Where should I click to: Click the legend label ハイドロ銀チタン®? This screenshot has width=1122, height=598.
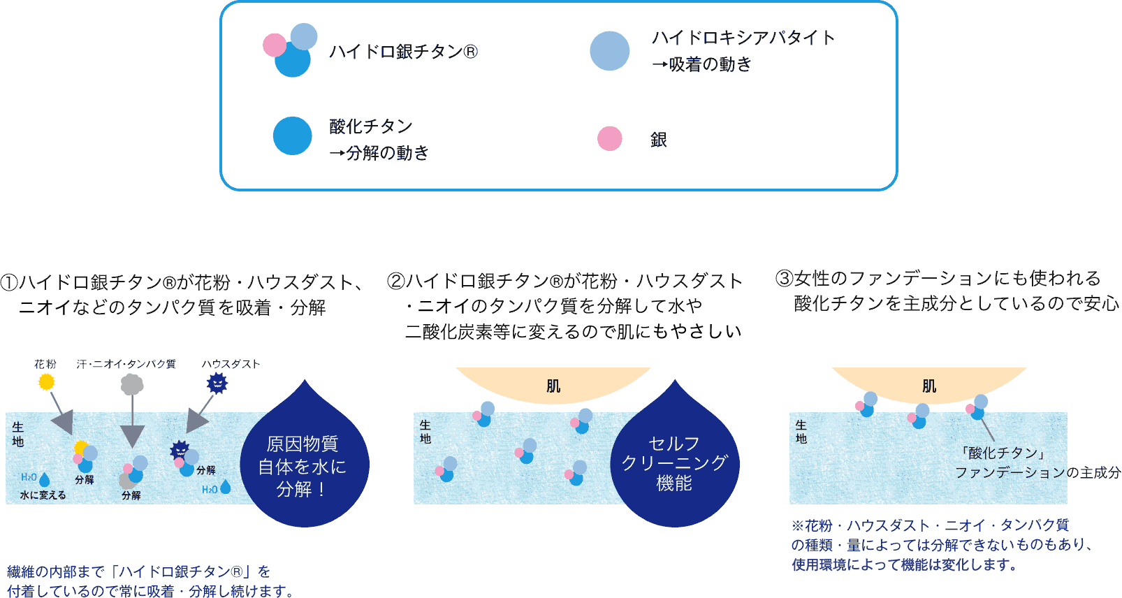click(403, 52)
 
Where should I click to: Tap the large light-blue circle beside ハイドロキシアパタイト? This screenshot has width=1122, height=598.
click(609, 51)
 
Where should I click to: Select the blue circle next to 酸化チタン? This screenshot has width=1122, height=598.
click(292, 136)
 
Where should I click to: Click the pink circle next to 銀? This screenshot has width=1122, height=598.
click(609, 138)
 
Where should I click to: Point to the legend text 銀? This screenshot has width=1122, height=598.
click(658, 140)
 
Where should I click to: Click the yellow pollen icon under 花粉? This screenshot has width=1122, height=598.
click(46, 381)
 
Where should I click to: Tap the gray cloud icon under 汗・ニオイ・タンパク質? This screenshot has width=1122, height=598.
click(132, 384)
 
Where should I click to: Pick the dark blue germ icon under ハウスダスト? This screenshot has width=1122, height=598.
click(217, 383)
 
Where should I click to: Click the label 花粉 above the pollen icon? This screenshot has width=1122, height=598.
click(45, 364)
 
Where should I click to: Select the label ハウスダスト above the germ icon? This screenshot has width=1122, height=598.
click(231, 364)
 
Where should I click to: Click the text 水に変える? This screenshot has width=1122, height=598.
click(43, 495)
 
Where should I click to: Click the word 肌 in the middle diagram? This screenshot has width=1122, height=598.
click(553, 386)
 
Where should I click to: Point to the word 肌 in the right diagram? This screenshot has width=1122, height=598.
click(929, 386)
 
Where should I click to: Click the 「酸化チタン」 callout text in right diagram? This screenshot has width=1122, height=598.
click(1002, 453)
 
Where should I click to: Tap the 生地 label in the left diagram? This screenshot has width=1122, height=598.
click(17, 434)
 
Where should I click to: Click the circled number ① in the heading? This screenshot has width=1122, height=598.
click(9, 282)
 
